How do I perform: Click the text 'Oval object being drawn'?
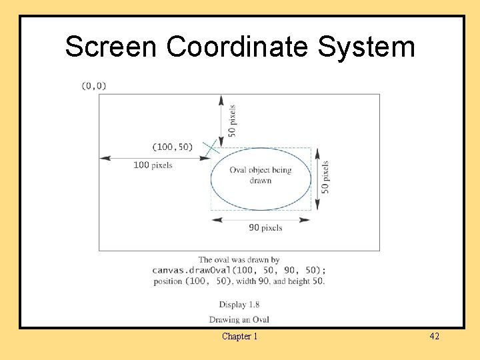pyautogui.click(x=261, y=175)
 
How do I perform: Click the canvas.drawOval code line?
pyautogui.click(x=239, y=270)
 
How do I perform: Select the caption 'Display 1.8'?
pyautogui.click(x=239, y=305)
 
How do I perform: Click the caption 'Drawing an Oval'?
pyautogui.click(x=239, y=319)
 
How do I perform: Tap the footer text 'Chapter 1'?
pyautogui.click(x=239, y=337)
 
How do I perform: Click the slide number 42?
pyautogui.click(x=434, y=337)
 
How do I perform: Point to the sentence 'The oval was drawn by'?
pyautogui.click(x=239, y=260)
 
